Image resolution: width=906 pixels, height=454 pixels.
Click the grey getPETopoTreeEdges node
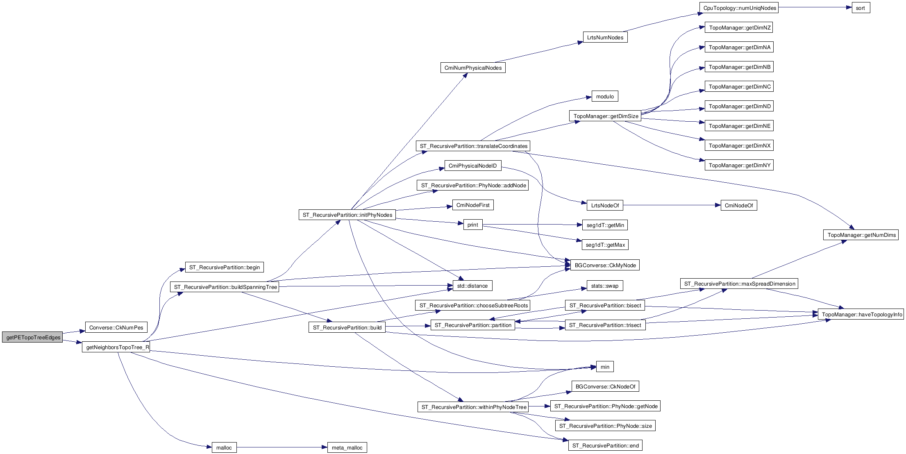[x=32, y=338]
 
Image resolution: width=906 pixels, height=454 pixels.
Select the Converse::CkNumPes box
[x=116, y=327]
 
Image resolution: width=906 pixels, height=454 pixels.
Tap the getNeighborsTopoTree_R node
[x=116, y=347]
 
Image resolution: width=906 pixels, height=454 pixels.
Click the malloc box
[x=224, y=447]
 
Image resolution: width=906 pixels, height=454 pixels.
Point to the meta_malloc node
[x=347, y=447]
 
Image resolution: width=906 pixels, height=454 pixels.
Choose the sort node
[x=861, y=8]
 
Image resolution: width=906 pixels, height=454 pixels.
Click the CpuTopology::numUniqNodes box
[x=738, y=8]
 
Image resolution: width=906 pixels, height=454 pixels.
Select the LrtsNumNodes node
[x=605, y=37]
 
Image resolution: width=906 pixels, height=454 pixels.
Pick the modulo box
[x=605, y=96]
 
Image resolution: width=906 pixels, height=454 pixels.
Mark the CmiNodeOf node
[x=738, y=205]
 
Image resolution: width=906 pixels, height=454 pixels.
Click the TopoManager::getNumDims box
[x=861, y=235]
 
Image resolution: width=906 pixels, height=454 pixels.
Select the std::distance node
[x=472, y=286]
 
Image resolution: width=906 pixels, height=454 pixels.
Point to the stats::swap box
[x=605, y=286]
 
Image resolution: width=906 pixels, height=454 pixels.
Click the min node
[x=605, y=367]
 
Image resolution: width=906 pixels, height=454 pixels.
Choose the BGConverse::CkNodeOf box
[x=605, y=386]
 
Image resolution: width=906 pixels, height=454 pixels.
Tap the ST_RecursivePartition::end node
[x=605, y=445]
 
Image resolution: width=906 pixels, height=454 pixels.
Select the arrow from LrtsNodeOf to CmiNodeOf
[x=672, y=205]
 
